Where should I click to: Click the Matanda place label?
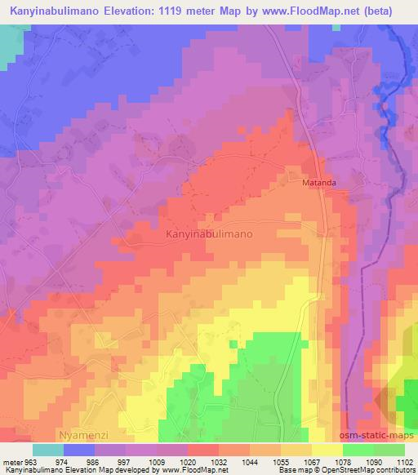[x=319, y=184]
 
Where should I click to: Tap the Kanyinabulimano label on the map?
[x=209, y=233]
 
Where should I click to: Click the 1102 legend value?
[x=403, y=461]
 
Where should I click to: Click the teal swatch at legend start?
[x=48, y=450]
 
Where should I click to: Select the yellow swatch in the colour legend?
[x=327, y=450]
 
